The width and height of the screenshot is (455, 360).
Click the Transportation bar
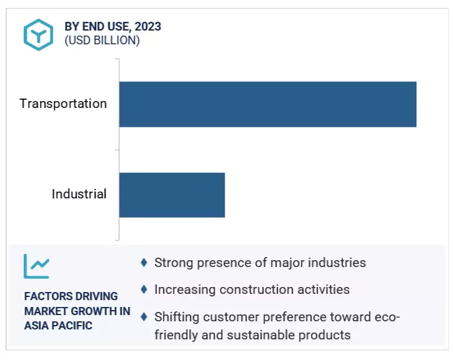tap(267, 104)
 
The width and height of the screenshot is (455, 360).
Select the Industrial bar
tap(172, 195)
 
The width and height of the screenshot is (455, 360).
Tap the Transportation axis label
tap(63, 104)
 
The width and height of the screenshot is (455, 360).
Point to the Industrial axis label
tap(79, 194)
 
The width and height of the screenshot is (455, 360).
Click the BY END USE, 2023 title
tap(112, 27)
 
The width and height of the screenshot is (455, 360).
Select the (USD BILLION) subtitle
tap(102, 41)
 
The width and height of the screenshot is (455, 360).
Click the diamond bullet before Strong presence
tap(144, 263)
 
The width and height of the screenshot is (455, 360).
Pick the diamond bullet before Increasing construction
tap(144, 289)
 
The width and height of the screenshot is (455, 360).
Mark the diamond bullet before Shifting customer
tap(144, 317)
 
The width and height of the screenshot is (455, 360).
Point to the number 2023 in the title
tap(147, 27)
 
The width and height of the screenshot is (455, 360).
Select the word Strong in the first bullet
tap(172, 263)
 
